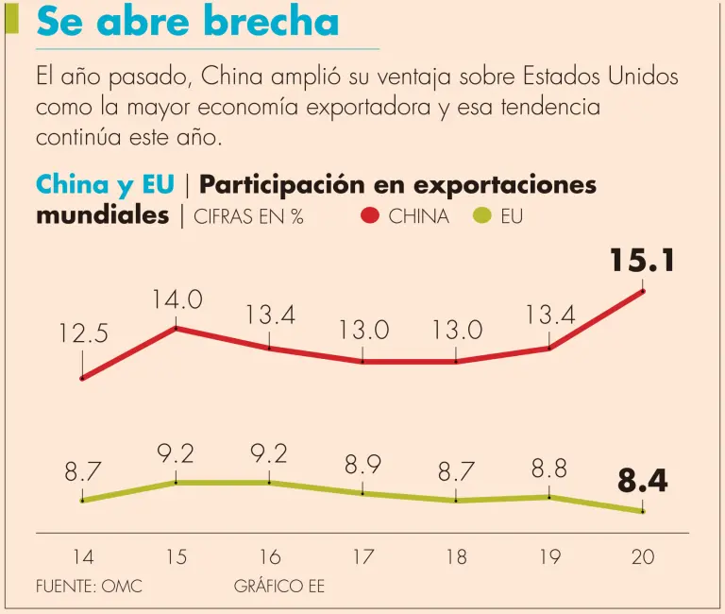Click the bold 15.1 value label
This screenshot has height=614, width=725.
pos(642,259)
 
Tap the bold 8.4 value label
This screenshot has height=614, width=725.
pos(643,482)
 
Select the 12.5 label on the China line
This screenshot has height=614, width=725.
pos(82,333)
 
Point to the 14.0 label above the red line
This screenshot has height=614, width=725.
pos(177,300)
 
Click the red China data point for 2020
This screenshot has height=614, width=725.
pos(643,291)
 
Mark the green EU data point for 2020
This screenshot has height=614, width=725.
pos(643,511)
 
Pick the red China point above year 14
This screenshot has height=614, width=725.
pos(83,378)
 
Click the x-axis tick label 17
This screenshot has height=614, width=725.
pos(363,557)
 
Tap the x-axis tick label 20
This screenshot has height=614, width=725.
pos(643,557)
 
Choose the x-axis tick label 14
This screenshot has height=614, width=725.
pos(83,557)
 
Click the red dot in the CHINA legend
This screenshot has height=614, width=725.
pos(370,216)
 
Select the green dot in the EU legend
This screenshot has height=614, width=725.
pos(482,216)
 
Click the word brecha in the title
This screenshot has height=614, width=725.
pos(271,21)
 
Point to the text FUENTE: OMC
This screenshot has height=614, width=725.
pos(89,587)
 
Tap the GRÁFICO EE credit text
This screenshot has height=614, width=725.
pos(278,587)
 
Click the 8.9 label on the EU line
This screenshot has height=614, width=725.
pos(363,465)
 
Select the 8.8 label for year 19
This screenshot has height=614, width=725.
pos(549,469)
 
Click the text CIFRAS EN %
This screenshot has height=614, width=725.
pos(248,216)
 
